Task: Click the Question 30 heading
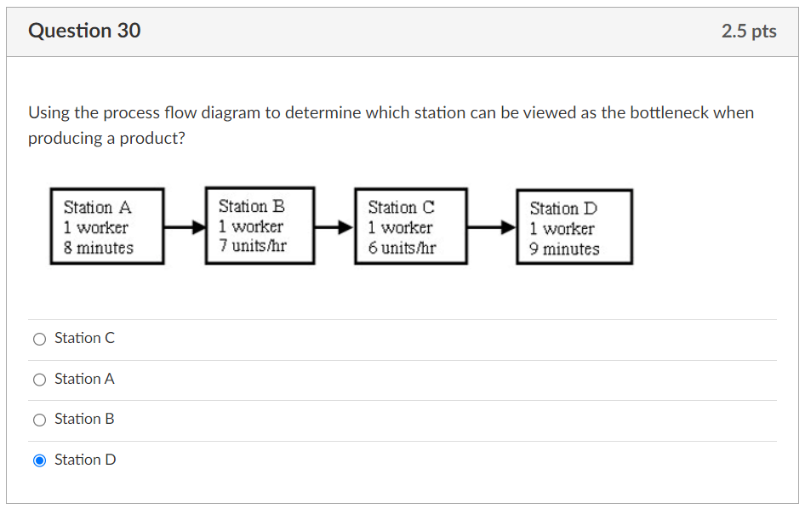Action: click(x=84, y=31)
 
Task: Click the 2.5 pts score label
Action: click(x=748, y=31)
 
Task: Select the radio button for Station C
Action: click(x=39, y=339)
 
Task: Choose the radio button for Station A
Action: click(x=39, y=380)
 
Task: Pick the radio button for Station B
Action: click(x=39, y=420)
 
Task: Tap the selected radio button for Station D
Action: click(x=39, y=460)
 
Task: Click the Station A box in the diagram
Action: click(x=106, y=226)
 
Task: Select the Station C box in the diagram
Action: click(x=410, y=226)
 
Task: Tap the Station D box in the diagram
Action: click(x=574, y=227)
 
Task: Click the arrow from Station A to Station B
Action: click(x=185, y=227)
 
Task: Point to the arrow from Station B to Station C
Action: click(x=334, y=227)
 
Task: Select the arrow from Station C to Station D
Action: click(x=492, y=227)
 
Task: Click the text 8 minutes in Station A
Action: click(x=99, y=248)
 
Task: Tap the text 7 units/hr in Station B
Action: click(x=252, y=246)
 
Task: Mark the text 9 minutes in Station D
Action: click(x=564, y=249)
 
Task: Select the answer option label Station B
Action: click(x=84, y=419)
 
